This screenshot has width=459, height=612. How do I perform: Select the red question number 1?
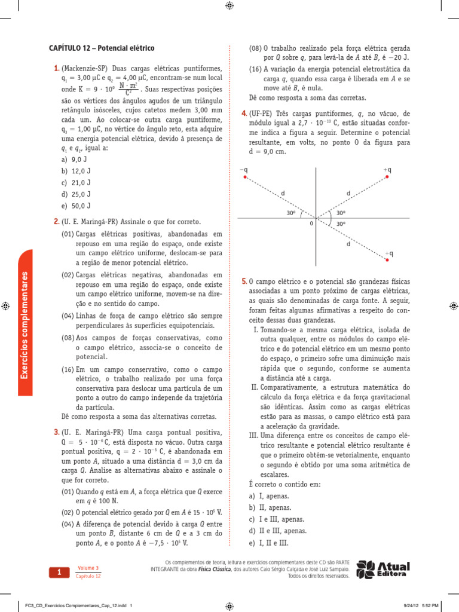[56, 69]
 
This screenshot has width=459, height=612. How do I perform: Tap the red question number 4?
[244, 114]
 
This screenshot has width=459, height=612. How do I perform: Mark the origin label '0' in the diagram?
[311, 223]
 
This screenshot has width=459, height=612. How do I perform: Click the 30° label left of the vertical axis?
[291, 212]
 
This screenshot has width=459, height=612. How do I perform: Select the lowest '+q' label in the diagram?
[389, 254]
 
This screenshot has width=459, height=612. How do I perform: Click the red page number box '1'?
[60, 573]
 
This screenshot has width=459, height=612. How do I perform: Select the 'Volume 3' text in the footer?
[88, 568]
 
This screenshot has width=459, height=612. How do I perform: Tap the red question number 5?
[244, 281]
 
